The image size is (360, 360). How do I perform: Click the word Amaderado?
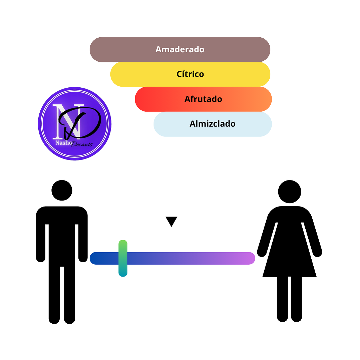180,49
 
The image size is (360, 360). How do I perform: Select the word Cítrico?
190,74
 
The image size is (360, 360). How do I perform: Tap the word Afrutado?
203,99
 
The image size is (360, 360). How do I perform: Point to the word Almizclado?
213,124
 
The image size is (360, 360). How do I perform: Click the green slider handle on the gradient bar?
123,258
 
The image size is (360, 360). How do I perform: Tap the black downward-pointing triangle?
171,221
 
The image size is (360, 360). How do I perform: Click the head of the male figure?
62,190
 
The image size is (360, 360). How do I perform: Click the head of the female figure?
290,192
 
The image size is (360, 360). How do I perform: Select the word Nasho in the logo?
63,143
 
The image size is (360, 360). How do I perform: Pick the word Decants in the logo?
82,144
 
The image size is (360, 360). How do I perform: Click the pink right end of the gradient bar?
249,258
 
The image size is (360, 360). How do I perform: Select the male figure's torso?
62,237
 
